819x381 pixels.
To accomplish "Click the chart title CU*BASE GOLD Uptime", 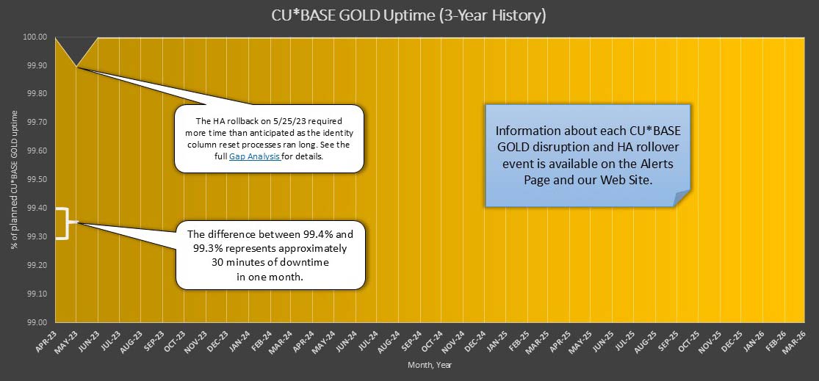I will point(409,15).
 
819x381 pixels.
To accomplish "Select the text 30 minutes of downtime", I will point(267,262).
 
